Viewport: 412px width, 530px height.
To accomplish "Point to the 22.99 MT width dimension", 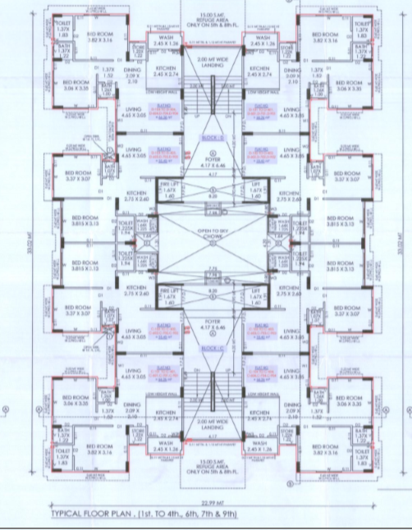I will click(x=207, y=500).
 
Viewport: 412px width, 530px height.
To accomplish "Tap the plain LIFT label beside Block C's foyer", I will click(x=254, y=295).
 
